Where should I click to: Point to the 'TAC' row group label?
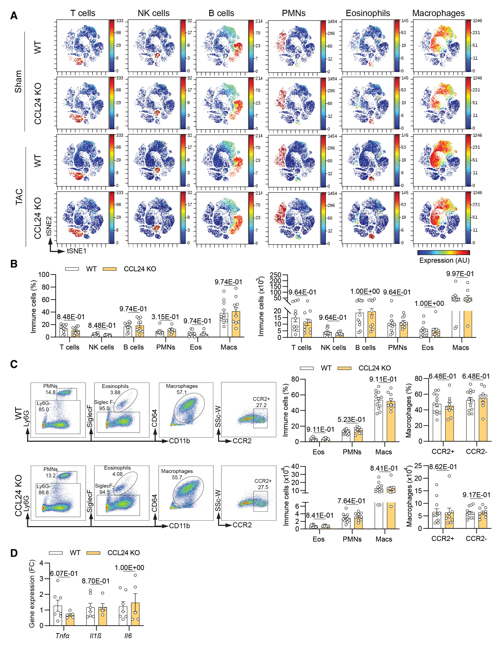pos(19,196)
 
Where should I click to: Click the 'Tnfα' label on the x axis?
pos(62,636)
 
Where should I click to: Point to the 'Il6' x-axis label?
pos(128,636)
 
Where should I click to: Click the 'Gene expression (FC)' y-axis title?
pos(32,593)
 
